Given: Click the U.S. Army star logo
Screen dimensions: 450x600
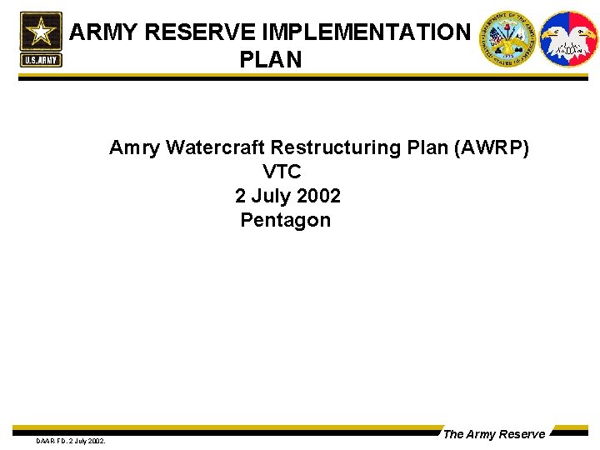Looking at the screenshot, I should (x=40, y=38).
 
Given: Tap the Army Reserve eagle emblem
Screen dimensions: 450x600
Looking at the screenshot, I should (x=569, y=38).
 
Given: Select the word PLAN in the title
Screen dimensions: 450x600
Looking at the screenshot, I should (x=270, y=60).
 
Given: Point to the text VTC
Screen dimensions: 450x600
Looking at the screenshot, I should (x=282, y=172).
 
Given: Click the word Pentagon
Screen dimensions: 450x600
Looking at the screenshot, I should (x=285, y=221).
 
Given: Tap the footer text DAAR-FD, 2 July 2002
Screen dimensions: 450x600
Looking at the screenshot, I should (x=70, y=440).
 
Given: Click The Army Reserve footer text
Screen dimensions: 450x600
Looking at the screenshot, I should (x=493, y=434).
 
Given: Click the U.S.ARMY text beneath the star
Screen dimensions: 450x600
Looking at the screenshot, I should (x=40, y=61).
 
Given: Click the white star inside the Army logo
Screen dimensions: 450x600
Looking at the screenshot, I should (x=40, y=32).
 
